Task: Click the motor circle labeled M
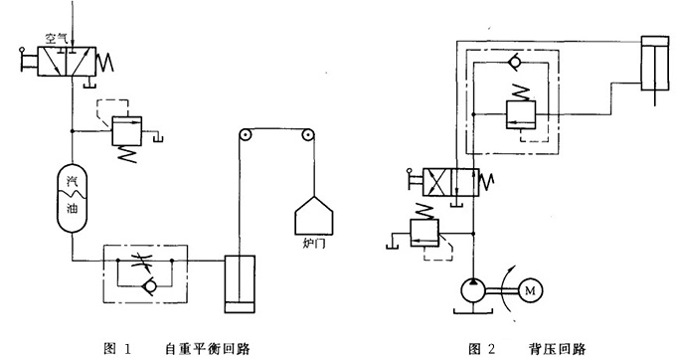coord(528,292)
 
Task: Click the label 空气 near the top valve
coord(55,39)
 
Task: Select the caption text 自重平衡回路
coord(209,348)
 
